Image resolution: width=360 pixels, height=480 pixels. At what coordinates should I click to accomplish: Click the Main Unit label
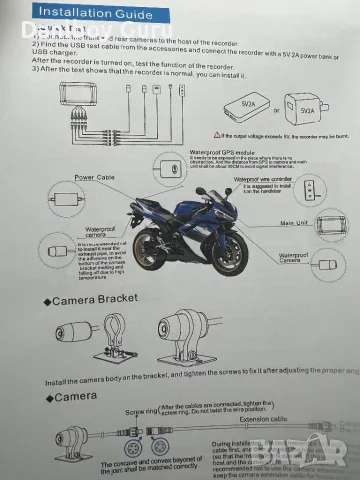click(x=293, y=223)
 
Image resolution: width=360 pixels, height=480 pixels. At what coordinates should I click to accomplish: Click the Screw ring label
click(x=142, y=410)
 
